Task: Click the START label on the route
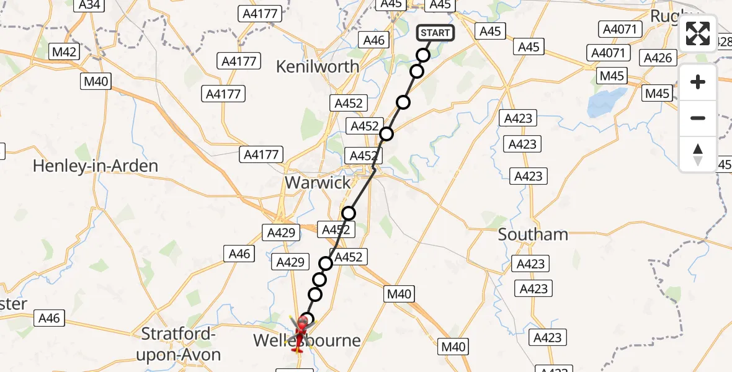435,33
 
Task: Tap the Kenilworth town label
318,66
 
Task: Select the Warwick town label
318,182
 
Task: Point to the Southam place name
533,234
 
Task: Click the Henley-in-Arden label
96,166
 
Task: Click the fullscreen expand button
698,33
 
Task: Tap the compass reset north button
698,154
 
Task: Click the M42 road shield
64,51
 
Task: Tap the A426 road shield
658,58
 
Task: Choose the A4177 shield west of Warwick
262,154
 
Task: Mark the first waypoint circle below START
423,55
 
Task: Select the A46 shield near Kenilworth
374,40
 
